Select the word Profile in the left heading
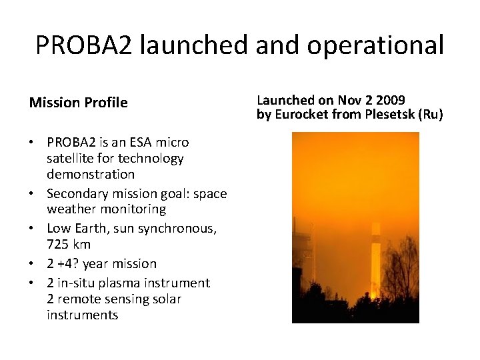[x=106, y=103]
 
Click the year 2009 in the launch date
[x=391, y=100]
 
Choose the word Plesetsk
[x=392, y=114]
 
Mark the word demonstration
[x=91, y=174]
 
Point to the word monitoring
[x=133, y=209]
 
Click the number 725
[x=58, y=244]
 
